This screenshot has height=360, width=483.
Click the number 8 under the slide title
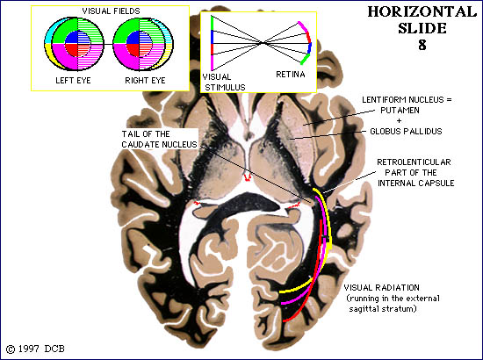click(x=422, y=45)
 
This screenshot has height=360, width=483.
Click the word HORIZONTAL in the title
click(x=422, y=12)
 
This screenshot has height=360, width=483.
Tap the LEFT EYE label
click(x=73, y=81)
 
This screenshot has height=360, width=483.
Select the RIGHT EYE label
click(x=145, y=81)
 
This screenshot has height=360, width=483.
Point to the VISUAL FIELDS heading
click(x=111, y=11)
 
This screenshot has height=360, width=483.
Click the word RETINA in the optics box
click(x=291, y=75)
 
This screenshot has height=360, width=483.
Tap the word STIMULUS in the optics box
click(x=225, y=88)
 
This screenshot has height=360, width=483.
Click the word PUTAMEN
click(x=400, y=111)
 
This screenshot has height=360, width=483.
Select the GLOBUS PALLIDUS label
click(x=406, y=132)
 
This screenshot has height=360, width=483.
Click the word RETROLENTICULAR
click(x=414, y=162)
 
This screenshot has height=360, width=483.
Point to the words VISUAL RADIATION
click(x=381, y=288)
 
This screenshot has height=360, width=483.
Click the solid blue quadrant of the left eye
click(x=71, y=37)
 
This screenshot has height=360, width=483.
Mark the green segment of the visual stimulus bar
click(x=212, y=23)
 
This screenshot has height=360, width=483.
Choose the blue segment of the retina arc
click(x=310, y=47)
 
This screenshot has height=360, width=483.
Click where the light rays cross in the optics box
click(x=263, y=43)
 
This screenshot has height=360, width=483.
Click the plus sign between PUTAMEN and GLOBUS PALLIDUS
click(x=400, y=120)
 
